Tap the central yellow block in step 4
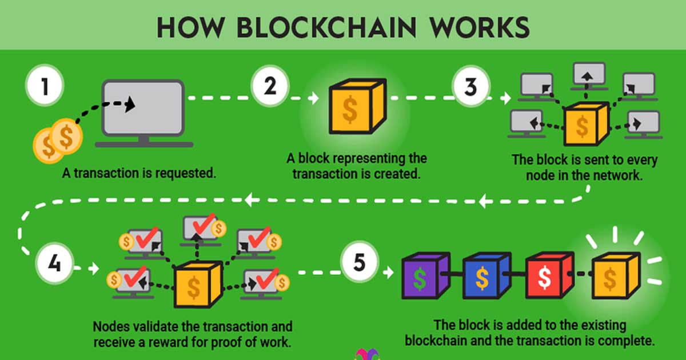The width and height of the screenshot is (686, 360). [x=194, y=286]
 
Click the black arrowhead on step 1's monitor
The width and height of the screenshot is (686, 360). [x=130, y=103]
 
